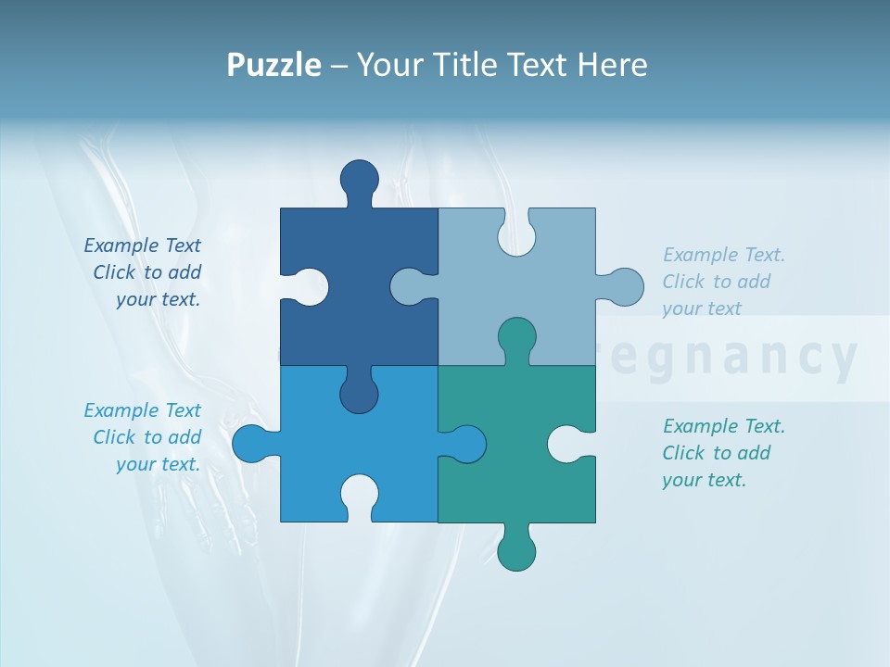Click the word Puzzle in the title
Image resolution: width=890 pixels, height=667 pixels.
point(274,66)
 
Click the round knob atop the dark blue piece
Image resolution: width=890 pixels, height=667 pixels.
point(359,178)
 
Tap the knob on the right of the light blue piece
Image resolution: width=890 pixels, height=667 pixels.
point(623,287)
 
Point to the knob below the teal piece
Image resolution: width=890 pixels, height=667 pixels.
point(516,551)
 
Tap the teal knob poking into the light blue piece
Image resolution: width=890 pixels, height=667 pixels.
point(516,337)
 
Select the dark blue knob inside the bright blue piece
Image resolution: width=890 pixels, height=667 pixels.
point(359,394)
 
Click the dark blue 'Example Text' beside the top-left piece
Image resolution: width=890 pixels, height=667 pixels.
point(143,245)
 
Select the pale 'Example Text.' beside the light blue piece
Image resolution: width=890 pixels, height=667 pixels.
point(723,255)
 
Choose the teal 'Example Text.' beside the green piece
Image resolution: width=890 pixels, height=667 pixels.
point(723,426)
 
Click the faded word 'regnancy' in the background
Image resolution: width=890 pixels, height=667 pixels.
point(732,358)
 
